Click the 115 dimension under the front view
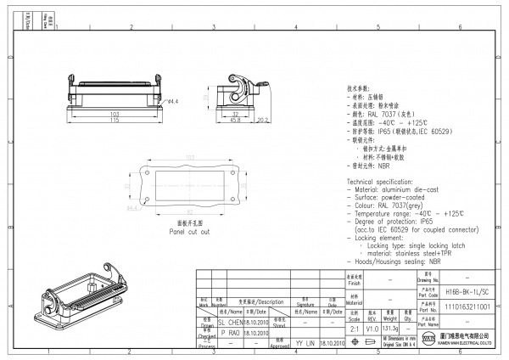coord(113,121)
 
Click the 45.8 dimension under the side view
coord(235,121)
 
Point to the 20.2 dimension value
coord(263,121)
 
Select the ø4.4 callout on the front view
coord(171,101)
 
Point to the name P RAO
coord(229,334)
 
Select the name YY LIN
coord(305,345)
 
